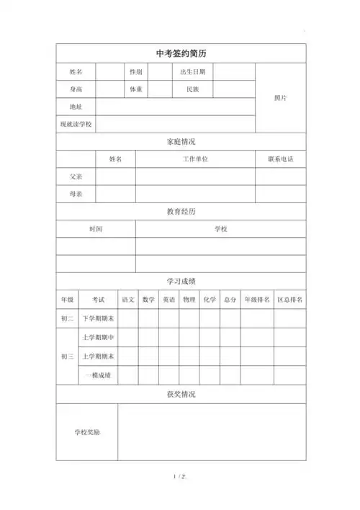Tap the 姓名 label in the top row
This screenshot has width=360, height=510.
[76, 72]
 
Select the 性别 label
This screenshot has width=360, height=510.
[135, 72]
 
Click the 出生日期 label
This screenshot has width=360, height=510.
[192, 72]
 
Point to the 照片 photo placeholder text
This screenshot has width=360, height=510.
[281, 98]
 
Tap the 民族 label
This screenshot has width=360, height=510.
[192, 89]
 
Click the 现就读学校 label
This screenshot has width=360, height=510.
[76, 124]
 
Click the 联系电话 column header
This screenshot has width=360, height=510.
[281, 158]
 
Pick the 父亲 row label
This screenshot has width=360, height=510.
[76, 176]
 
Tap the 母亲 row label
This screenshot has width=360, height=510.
[76, 194]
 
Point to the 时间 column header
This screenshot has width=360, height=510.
[96, 228]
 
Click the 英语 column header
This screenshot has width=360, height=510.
[168, 299]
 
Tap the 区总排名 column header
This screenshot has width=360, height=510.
[290, 299]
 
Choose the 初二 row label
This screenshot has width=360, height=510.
[66, 318]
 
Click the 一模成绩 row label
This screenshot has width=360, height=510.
[98, 375]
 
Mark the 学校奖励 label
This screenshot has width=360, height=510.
[87, 432]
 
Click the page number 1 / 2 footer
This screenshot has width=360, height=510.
[180, 477]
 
